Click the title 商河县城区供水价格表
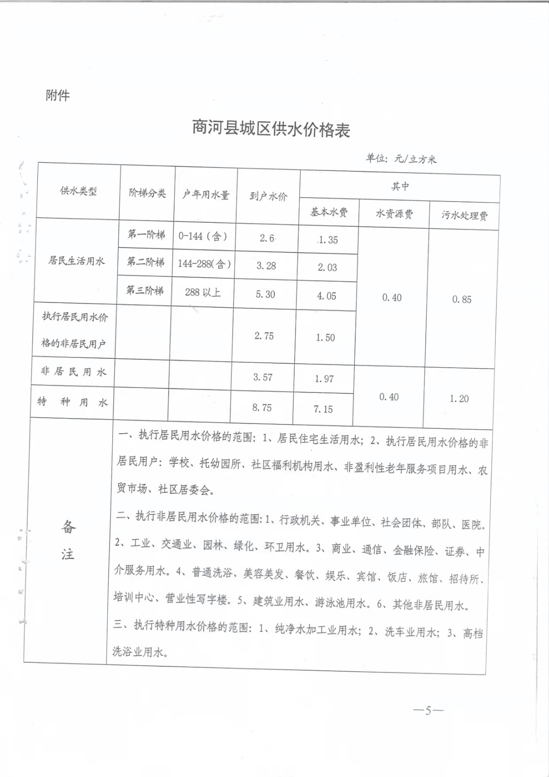[271, 129]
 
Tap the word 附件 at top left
[58, 95]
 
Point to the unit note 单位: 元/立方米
[401, 158]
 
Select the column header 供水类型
[78, 191]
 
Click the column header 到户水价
[268, 196]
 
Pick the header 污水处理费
[465, 215]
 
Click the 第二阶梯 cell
[146, 262]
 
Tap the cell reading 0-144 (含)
[202, 236]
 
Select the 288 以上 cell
[202, 292]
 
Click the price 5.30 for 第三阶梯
[265, 294]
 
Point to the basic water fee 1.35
[328, 240]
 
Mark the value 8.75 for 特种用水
[262, 407]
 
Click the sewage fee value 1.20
[459, 399]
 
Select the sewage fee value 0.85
[462, 300]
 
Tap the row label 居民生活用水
[76, 261]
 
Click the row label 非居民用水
[73, 372]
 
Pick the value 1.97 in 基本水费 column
[324, 379]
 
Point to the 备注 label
[68, 540]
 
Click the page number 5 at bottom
[428, 711]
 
